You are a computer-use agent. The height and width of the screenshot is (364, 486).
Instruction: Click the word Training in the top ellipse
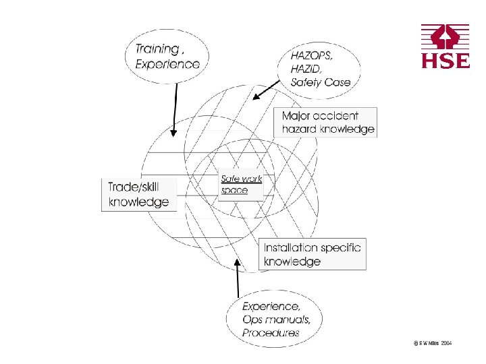pos(157,49)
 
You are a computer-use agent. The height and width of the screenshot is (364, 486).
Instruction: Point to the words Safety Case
pos(321,82)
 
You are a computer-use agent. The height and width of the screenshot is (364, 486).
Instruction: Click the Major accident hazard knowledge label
pos(328,123)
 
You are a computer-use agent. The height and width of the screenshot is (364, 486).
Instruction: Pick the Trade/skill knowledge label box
pos(139,195)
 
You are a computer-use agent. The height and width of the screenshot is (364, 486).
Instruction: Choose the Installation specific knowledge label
pos(312,254)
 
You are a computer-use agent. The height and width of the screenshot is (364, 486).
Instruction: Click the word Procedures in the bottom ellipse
pos(271,332)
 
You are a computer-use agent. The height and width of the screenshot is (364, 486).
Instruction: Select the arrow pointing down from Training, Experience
pos(174,108)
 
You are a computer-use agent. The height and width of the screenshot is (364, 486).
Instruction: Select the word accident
pos(336,116)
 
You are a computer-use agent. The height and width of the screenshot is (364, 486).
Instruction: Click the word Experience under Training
pos(167,64)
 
